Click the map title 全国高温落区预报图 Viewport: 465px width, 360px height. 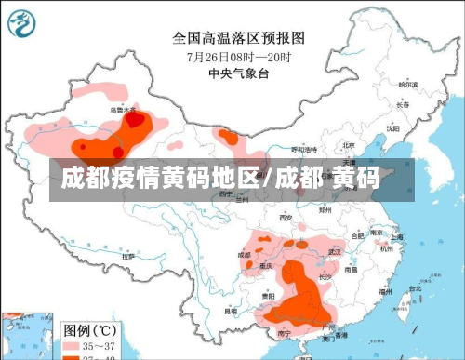click(238, 38)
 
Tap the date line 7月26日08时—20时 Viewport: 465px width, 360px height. click(238, 56)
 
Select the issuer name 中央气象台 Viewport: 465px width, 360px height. click(238, 72)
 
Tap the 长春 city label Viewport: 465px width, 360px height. click(402, 105)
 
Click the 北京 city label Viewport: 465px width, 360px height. click(348, 145)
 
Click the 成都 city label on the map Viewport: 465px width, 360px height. click(244, 253)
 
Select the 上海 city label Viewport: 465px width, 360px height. click(397, 237)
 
